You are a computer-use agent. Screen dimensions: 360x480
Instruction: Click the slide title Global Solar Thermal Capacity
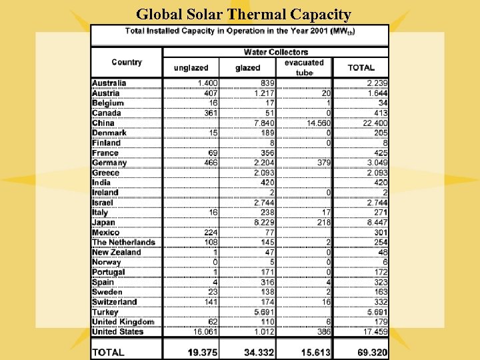click(243, 14)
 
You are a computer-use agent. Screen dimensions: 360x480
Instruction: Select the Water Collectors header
click(275, 52)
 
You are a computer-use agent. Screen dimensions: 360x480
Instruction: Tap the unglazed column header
click(191, 67)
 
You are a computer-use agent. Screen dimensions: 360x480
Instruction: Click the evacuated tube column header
click(304, 67)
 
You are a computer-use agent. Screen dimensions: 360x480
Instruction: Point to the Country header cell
click(127, 62)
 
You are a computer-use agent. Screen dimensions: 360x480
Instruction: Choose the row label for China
click(103, 123)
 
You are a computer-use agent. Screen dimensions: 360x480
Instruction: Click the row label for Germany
click(109, 163)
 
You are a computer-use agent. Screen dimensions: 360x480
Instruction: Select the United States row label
click(118, 331)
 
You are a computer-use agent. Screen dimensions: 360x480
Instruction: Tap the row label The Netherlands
click(123, 242)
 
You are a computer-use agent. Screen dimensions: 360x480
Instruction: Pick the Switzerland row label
click(114, 302)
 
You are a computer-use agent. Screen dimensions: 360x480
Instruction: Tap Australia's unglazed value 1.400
click(207, 83)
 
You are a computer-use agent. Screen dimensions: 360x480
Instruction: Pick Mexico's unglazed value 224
click(210, 232)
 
